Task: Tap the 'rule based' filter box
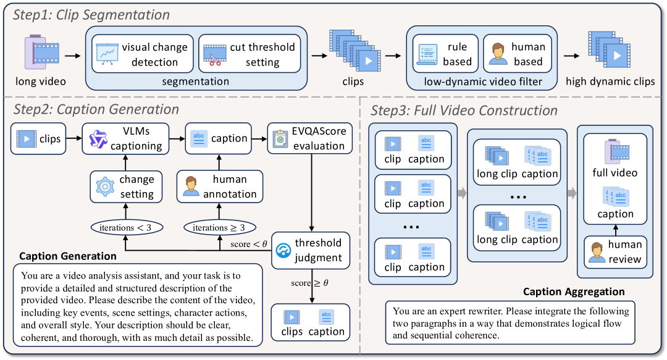coord(442,54)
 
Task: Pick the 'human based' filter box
coord(514,54)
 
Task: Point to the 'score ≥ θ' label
coord(309,283)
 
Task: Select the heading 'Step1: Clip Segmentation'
coord(91,15)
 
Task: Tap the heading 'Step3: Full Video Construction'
coord(464,111)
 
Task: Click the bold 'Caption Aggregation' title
coord(574,291)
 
